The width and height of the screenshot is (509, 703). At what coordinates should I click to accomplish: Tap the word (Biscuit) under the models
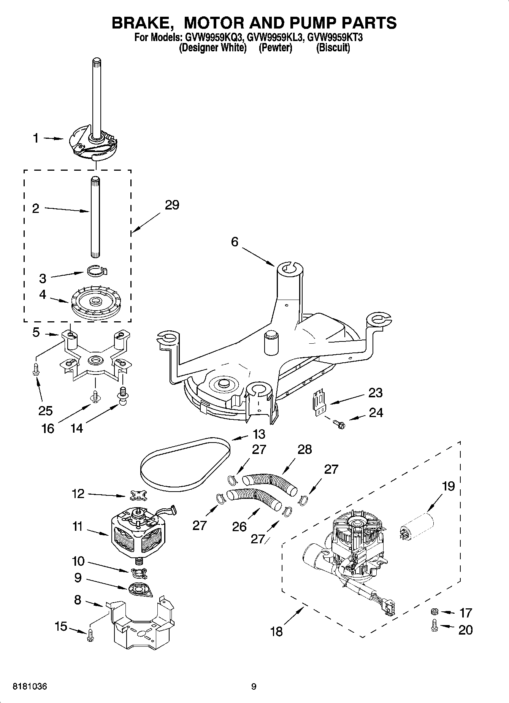point(333,48)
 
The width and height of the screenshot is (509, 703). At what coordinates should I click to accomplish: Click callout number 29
point(172,205)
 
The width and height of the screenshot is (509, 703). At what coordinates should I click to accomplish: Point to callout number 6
point(235,241)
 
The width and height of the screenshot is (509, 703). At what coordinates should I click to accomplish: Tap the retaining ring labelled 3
point(96,270)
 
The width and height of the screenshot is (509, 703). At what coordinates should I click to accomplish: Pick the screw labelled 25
point(35,369)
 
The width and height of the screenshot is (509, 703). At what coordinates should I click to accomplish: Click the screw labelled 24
point(338,423)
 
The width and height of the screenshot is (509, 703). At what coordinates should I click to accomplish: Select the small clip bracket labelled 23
point(319,402)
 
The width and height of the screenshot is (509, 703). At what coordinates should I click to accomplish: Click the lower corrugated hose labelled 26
point(254,498)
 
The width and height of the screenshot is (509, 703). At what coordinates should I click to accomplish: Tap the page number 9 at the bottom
point(254,686)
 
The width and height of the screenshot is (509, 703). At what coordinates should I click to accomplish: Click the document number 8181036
point(30,686)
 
